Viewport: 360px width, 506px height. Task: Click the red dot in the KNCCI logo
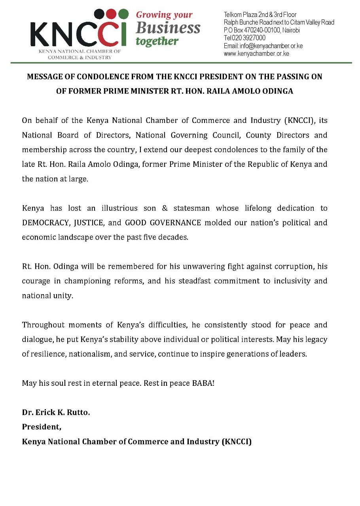tap(112, 14)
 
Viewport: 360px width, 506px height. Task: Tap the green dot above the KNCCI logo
tap(123, 14)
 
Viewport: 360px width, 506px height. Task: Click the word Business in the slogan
tap(168, 28)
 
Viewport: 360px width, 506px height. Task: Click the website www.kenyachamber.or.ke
tap(256, 53)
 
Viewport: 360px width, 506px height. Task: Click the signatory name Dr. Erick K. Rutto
tap(56, 413)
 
